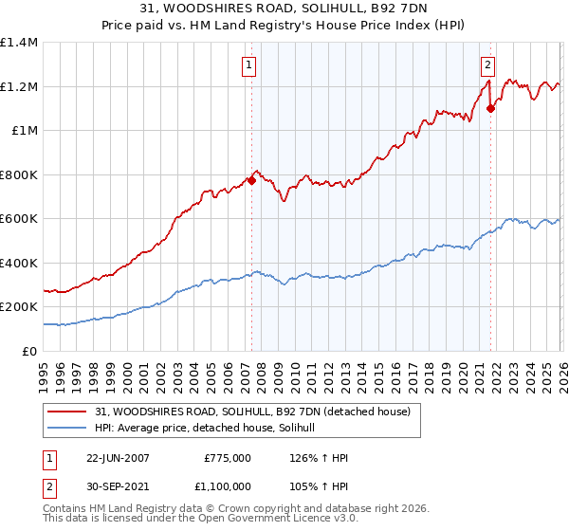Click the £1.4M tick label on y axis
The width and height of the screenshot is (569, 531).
coord(19,43)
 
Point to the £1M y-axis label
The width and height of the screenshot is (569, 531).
coord(23,131)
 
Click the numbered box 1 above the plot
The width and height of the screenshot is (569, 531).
coord(248,65)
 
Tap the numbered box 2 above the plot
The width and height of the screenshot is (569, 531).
coord(486,65)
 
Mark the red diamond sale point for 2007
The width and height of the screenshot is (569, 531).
coord(252,180)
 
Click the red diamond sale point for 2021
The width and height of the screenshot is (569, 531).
coord(490,109)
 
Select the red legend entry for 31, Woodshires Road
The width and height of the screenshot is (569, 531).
coord(252,412)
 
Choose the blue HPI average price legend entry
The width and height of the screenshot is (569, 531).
coord(210,429)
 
